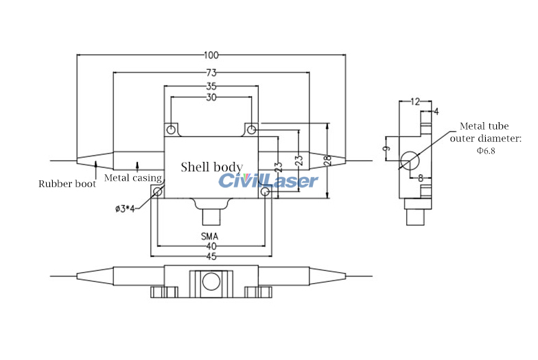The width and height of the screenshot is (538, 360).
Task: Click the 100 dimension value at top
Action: (211, 55)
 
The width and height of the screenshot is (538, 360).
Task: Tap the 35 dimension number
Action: (211, 87)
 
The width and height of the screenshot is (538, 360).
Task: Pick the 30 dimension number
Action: (211, 98)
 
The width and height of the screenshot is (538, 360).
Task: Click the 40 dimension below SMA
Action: (211, 247)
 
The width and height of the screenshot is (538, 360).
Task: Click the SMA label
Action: (211, 236)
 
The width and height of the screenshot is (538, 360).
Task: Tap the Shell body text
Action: (211, 167)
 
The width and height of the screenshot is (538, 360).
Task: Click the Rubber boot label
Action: (67, 184)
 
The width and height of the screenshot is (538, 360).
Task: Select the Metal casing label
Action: (133, 178)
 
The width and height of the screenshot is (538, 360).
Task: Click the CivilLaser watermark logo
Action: (268, 180)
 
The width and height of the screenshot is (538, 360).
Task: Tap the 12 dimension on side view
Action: (415, 101)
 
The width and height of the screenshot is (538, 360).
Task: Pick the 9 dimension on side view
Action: (386, 148)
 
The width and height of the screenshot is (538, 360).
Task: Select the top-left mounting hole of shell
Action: (171, 129)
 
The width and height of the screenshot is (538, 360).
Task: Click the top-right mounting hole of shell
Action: (252, 129)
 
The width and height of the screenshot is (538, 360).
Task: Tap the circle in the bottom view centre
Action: (211, 281)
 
